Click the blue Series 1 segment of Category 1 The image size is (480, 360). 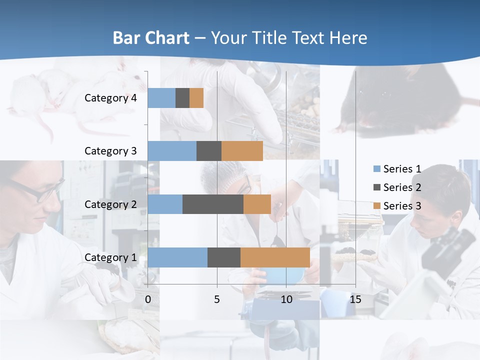pos(177,257)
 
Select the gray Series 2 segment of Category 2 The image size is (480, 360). pos(212,204)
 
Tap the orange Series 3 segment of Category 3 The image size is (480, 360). pos(242,151)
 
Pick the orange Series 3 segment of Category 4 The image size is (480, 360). pos(196,98)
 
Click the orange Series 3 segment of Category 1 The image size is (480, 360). pos(275,257)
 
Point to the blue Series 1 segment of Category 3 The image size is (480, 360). pos(172,151)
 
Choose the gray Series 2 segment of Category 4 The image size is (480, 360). pos(182,98)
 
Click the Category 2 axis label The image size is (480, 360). pos(110,204)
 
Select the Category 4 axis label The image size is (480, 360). pos(110,98)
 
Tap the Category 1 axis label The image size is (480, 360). pos(110,257)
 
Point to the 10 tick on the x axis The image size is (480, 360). pos(286,299)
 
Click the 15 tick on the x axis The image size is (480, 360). pos(355,299)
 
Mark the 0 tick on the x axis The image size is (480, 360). pos(148,299)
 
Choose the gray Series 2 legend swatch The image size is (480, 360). pos(377,187)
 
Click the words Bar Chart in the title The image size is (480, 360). pos(151,38)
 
